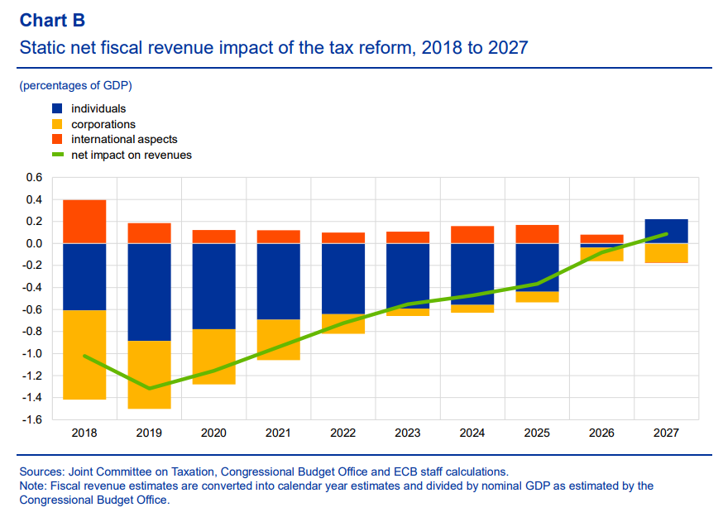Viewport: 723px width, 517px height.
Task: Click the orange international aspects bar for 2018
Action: (84, 221)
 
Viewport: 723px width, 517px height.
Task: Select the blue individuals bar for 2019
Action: (149, 291)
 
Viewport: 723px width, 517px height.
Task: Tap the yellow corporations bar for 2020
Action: (213, 357)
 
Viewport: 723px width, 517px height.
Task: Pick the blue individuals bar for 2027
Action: (666, 231)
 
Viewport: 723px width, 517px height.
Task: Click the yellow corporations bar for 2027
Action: (666, 252)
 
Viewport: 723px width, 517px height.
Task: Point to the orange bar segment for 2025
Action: (537, 234)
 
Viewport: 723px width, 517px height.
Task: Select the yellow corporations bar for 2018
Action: (84, 355)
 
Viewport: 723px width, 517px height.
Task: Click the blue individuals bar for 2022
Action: (342, 278)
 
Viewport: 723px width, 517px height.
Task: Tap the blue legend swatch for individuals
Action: (57, 108)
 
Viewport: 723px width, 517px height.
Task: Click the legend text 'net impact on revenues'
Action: (132, 155)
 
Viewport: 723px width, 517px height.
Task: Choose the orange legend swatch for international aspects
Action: (57, 139)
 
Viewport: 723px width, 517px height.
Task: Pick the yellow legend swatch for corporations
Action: (57, 124)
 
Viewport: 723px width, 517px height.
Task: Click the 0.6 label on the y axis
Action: (34, 177)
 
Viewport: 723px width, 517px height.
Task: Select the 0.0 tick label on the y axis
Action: (34, 243)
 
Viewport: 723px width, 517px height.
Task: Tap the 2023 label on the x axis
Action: (407, 433)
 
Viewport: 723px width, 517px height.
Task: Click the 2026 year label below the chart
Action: (601, 433)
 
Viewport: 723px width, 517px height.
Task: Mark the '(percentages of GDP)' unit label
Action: (75, 85)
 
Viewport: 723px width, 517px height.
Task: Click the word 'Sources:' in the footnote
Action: (44, 472)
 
